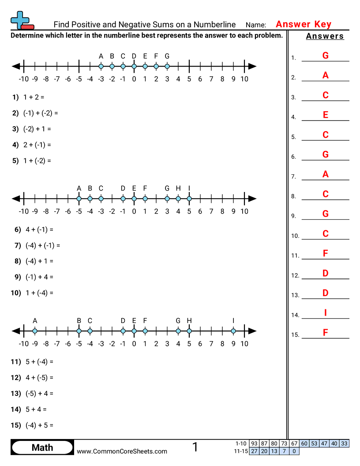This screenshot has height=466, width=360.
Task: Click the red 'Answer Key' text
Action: (304, 24)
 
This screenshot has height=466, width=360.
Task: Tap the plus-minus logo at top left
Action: (21, 20)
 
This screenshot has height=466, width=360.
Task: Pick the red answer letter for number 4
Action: (326, 115)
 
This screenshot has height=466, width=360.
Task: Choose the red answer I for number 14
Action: (326, 313)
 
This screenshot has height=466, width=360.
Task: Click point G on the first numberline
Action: (167, 66)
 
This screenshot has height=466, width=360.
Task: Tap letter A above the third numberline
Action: (35, 321)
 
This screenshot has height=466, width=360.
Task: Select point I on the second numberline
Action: (189, 199)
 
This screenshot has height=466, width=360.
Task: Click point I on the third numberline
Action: (233, 331)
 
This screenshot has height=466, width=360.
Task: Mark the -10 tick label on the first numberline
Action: (24, 79)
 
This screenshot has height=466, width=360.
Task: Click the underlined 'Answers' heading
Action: (325, 36)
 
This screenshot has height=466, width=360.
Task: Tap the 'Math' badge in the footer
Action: (42, 447)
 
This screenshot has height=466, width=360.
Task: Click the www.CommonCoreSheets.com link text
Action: (122, 451)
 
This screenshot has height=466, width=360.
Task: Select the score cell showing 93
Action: (254, 443)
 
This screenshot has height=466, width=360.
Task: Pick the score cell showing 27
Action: (254, 451)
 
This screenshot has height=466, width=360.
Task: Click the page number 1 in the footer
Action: (195, 447)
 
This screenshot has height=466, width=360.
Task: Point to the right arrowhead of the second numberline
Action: (252, 199)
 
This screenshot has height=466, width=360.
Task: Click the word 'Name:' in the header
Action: (256, 25)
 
